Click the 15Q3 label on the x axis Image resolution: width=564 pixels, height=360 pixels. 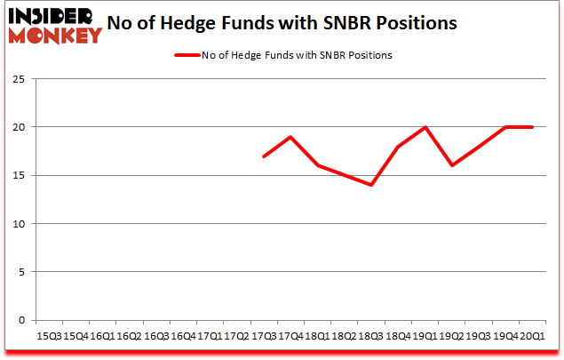coord(48,336)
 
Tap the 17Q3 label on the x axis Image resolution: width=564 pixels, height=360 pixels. coord(264,336)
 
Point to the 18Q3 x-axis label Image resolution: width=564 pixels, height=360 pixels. coord(371,336)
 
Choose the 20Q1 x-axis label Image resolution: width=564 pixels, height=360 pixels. coord(533,336)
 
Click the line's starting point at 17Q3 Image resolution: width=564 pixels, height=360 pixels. coord(264,156)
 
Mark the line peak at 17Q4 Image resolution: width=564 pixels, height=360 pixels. coord(290,137)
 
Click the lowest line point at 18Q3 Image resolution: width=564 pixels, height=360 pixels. coord(371,185)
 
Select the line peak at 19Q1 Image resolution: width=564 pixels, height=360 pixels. coord(425,127)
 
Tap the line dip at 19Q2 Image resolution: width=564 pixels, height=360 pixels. coord(452,165)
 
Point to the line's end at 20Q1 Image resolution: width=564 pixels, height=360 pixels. coord(533,127)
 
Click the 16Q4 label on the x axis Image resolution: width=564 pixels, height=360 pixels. coord(183,336)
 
